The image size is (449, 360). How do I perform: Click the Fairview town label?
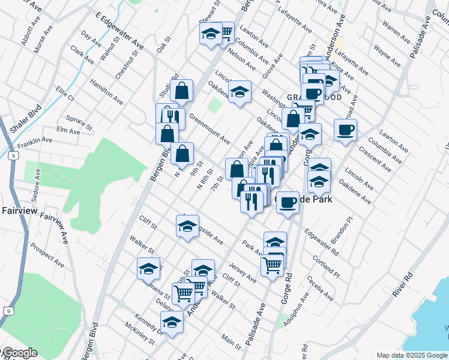(20, 211)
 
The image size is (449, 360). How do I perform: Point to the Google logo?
(19, 353)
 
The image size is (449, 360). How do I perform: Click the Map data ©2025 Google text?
(411, 355)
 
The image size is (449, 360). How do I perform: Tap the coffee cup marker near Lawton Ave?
(345, 130)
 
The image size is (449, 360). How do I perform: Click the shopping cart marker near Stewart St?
(225, 32)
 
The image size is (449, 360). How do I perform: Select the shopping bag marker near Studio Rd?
(182, 91)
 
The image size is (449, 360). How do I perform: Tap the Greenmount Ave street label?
(209, 129)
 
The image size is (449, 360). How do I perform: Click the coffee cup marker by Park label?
(288, 202)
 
